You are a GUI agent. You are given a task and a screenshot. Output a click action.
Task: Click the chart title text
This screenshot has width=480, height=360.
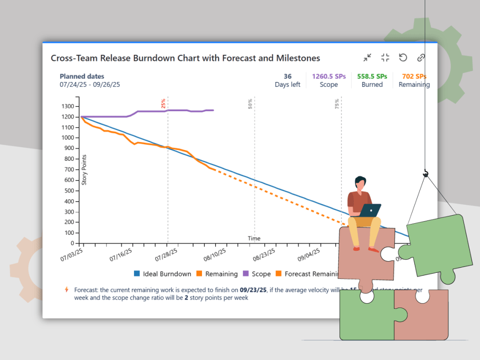(185, 58)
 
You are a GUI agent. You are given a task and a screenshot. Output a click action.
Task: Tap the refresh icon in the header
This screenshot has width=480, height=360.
(403, 58)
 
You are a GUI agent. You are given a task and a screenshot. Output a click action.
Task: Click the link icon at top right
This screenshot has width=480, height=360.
(421, 58)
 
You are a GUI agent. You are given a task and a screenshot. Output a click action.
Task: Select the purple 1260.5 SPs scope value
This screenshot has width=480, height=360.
(329, 76)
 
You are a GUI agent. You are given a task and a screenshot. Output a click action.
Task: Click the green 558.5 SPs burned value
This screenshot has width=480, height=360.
(372, 76)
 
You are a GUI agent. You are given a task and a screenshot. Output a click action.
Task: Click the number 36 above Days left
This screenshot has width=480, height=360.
(287, 76)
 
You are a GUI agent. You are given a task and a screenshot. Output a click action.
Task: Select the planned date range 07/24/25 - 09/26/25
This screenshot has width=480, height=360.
(90, 85)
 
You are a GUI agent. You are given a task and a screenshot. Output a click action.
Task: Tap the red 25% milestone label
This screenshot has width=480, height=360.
(163, 104)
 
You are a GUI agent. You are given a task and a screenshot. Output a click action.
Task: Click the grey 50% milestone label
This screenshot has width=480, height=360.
(250, 104)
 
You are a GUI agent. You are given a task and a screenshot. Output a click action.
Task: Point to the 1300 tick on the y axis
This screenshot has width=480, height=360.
(68, 106)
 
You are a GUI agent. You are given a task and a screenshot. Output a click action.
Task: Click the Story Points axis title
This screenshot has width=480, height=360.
(84, 169)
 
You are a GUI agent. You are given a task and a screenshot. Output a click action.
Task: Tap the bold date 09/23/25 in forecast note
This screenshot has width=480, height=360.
(253, 290)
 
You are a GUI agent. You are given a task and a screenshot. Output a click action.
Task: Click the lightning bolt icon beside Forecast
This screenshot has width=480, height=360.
(67, 290)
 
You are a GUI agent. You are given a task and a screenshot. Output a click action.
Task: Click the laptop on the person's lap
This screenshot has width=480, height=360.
(370, 210)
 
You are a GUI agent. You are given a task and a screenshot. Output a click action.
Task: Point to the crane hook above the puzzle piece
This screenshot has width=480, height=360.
(426, 174)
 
